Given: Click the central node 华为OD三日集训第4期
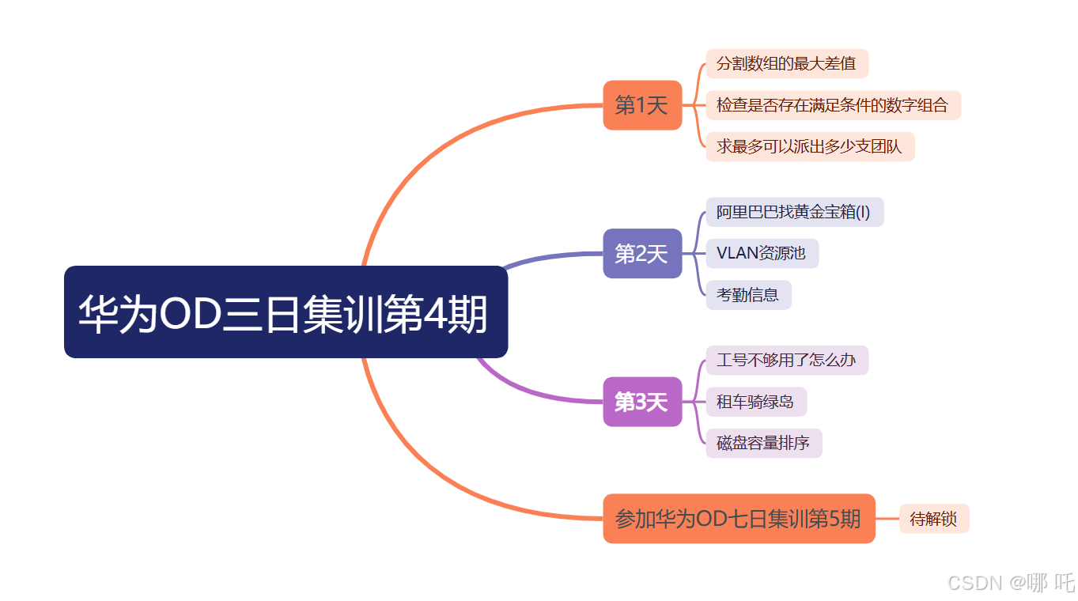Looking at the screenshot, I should [x=286, y=312].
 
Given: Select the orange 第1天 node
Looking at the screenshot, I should [x=642, y=105].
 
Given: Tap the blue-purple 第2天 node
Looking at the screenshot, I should [x=642, y=254].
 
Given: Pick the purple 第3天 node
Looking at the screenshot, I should [x=642, y=402].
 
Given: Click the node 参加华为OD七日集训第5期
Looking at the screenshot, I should [x=739, y=519].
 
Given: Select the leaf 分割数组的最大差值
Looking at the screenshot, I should [x=786, y=63].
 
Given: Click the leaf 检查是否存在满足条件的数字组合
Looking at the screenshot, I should [x=833, y=105].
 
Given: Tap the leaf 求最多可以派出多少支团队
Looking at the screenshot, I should [x=809, y=146].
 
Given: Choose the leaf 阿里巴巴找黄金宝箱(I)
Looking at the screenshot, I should [x=794, y=212].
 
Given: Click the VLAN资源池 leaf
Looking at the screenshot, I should [x=762, y=253].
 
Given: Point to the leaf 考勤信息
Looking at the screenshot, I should [x=748, y=295].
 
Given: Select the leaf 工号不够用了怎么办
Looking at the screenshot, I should [x=786, y=361].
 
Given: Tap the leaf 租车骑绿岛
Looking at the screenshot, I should [x=755, y=402].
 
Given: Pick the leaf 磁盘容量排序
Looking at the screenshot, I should [x=763, y=443].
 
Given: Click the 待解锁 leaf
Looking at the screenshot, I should [x=933, y=520].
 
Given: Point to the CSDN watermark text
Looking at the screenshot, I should [x=1011, y=583].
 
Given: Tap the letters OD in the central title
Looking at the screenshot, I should [x=188, y=315].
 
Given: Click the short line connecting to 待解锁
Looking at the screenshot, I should [x=887, y=519].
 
